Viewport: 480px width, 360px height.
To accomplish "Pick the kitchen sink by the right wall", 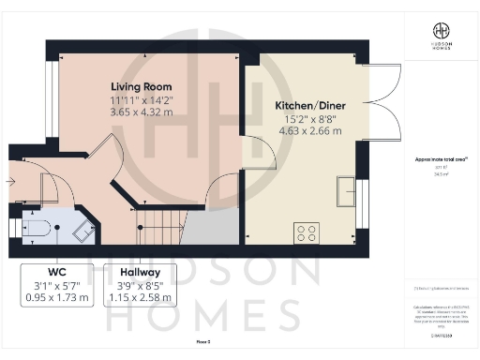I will tap(346, 187).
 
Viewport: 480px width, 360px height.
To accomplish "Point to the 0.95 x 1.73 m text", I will tap(58, 298).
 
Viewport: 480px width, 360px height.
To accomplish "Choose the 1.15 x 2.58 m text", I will tap(140, 298).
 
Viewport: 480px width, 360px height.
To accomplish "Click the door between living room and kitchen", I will tap(250, 150).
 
